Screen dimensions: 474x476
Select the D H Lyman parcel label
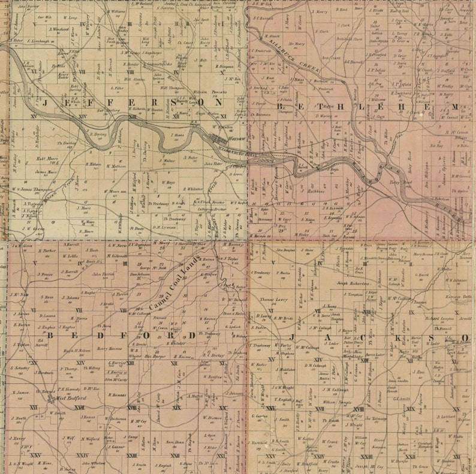pyautogui.click(x=163, y=227)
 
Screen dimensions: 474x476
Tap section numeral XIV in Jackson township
pyautogui.click(x=318, y=360)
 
